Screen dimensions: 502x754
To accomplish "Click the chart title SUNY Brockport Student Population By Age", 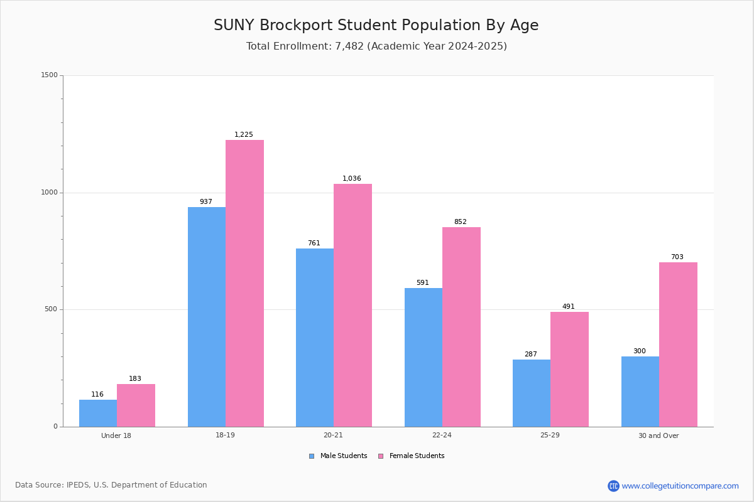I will pyautogui.click(x=376, y=26).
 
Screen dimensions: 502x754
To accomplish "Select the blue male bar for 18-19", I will pyautogui.click(x=207, y=317).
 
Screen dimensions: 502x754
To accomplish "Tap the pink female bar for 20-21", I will pyautogui.click(x=352, y=305).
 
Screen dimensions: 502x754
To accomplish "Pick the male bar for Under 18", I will pyautogui.click(x=98, y=413).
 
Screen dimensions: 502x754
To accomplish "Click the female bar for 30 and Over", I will pyautogui.click(x=678, y=344).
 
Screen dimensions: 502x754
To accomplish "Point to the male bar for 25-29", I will pyautogui.click(x=532, y=393).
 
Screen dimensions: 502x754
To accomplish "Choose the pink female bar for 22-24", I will pyautogui.click(x=461, y=327).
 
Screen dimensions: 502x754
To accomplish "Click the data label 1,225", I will pyautogui.click(x=244, y=135).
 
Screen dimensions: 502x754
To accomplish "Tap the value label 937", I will pyautogui.click(x=206, y=202).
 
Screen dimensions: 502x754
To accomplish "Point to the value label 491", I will pyautogui.click(x=569, y=307).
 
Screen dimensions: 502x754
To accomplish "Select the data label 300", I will pyautogui.click(x=639, y=351).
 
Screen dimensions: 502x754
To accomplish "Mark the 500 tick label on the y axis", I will pyautogui.click(x=51, y=309).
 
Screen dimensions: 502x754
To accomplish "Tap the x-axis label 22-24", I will pyautogui.click(x=442, y=435).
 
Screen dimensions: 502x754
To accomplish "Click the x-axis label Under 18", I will pyautogui.click(x=116, y=435).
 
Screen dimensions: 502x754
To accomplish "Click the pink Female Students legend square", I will pyautogui.click(x=381, y=456).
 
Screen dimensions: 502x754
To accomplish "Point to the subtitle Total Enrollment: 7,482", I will pyautogui.click(x=376, y=46).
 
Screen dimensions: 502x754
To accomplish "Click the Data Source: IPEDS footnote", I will pyautogui.click(x=111, y=485).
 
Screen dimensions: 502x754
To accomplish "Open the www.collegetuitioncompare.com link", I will pyautogui.click(x=680, y=486).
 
